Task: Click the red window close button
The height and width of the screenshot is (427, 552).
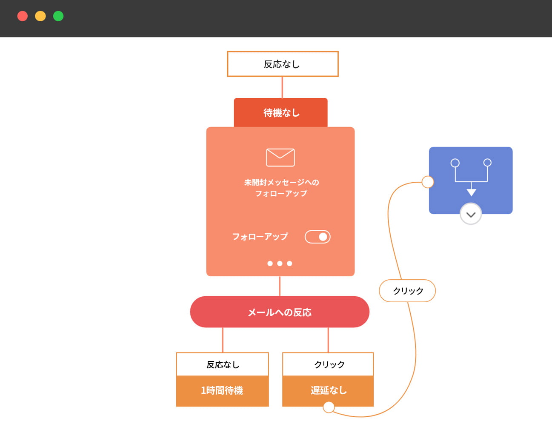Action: tap(23, 16)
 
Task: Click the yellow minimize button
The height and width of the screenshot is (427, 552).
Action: tap(40, 16)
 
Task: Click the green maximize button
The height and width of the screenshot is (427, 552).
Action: tap(58, 16)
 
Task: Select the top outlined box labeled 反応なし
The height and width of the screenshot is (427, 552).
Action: tap(283, 64)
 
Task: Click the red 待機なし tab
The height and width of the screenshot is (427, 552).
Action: tap(281, 113)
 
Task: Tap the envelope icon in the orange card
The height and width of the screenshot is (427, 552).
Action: tap(280, 158)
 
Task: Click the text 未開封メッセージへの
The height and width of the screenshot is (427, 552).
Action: tap(281, 182)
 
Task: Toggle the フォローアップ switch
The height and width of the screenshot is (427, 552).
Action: tap(317, 237)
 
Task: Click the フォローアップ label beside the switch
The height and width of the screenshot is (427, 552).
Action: tap(260, 237)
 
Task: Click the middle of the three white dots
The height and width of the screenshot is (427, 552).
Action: tap(280, 264)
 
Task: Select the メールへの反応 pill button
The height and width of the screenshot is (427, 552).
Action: tap(280, 312)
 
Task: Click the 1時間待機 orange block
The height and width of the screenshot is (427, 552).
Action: tap(222, 391)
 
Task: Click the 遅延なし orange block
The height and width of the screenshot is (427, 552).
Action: tap(328, 390)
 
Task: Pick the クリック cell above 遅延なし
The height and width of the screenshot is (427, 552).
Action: tap(328, 364)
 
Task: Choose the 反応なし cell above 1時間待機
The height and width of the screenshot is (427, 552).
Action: tap(222, 364)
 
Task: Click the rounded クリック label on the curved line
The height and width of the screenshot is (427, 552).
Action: tap(407, 291)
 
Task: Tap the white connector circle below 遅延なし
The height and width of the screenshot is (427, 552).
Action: tap(329, 407)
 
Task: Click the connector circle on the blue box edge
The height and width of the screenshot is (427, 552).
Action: tap(428, 182)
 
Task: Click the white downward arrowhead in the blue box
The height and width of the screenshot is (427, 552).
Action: tap(471, 192)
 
